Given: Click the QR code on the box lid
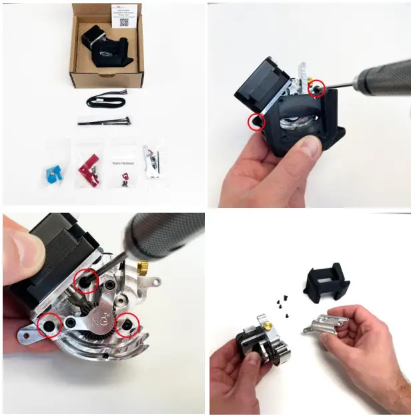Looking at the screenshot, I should point(124,22).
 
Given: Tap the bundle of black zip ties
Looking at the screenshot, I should point(103,121).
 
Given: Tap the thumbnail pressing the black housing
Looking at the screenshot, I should point(309,146).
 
